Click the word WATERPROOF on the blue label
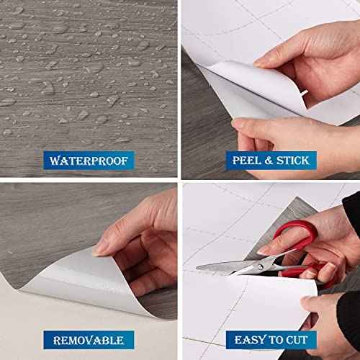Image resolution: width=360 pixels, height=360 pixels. pyautogui.click(x=89, y=161)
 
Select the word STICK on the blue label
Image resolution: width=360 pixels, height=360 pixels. pyautogui.click(x=293, y=161)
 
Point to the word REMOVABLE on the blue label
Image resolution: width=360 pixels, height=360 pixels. pyautogui.click(x=89, y=341)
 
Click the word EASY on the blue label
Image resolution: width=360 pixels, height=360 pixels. pyautogui.click(x=250, y=340)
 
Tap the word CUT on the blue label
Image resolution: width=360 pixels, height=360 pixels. pyautogui.click(x=297, y=340)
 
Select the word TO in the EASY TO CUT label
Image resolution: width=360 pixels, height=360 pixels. pyautogui.click(x=275, y=340)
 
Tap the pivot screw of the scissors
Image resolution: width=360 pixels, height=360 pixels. pyautogui.click(x=260, y=266)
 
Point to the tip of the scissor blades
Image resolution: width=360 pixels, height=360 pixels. pyautogui.click(x=197, y=268)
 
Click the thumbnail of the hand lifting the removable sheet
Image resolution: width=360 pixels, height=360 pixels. pyautogui.click(x=99, y=250)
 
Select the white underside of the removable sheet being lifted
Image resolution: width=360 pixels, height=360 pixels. pyautogui.click(x=79, y=281)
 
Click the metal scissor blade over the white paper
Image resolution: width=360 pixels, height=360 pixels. pyautogui.click(x=228, y=266)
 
